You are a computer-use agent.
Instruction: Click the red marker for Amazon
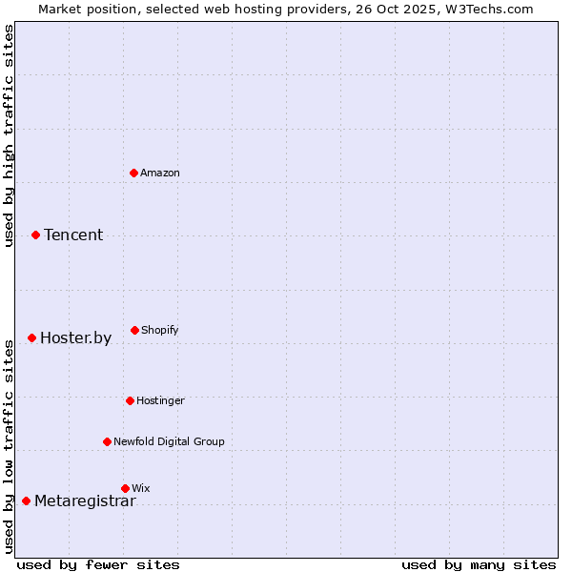click(x=134, y=173)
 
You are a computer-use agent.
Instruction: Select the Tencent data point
click(x=36, y=235)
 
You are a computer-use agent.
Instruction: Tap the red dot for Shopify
click(x=135, y=330)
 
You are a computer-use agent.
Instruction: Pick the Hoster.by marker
click(x=32, y=337)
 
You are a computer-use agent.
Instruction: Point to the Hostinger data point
click(x=131, y=400)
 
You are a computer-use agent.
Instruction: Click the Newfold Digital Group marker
click(x=108, y=441)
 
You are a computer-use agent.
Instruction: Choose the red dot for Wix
click(x=126, y=488)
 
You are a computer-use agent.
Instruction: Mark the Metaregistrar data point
click(x=27, y=500)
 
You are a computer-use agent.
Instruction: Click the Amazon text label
click(x=160, y=173)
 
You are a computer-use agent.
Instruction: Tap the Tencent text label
click(x=73, y=235)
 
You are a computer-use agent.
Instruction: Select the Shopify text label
click(x=160, y=330)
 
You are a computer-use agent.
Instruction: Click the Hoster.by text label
click(x=75, y=337)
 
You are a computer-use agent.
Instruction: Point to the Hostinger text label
click(x=160, y=400)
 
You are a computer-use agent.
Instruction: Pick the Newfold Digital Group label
click(x=169, y=441)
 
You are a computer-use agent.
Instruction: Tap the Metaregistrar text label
click(x=85, y=501)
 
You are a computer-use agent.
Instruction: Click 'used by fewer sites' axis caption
click(x=98, y=564)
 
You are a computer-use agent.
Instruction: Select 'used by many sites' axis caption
click(x=479, y=564)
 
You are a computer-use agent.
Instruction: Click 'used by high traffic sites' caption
click(x=9, y=135)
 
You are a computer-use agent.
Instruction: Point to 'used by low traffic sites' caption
click(x=9, y=445)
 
